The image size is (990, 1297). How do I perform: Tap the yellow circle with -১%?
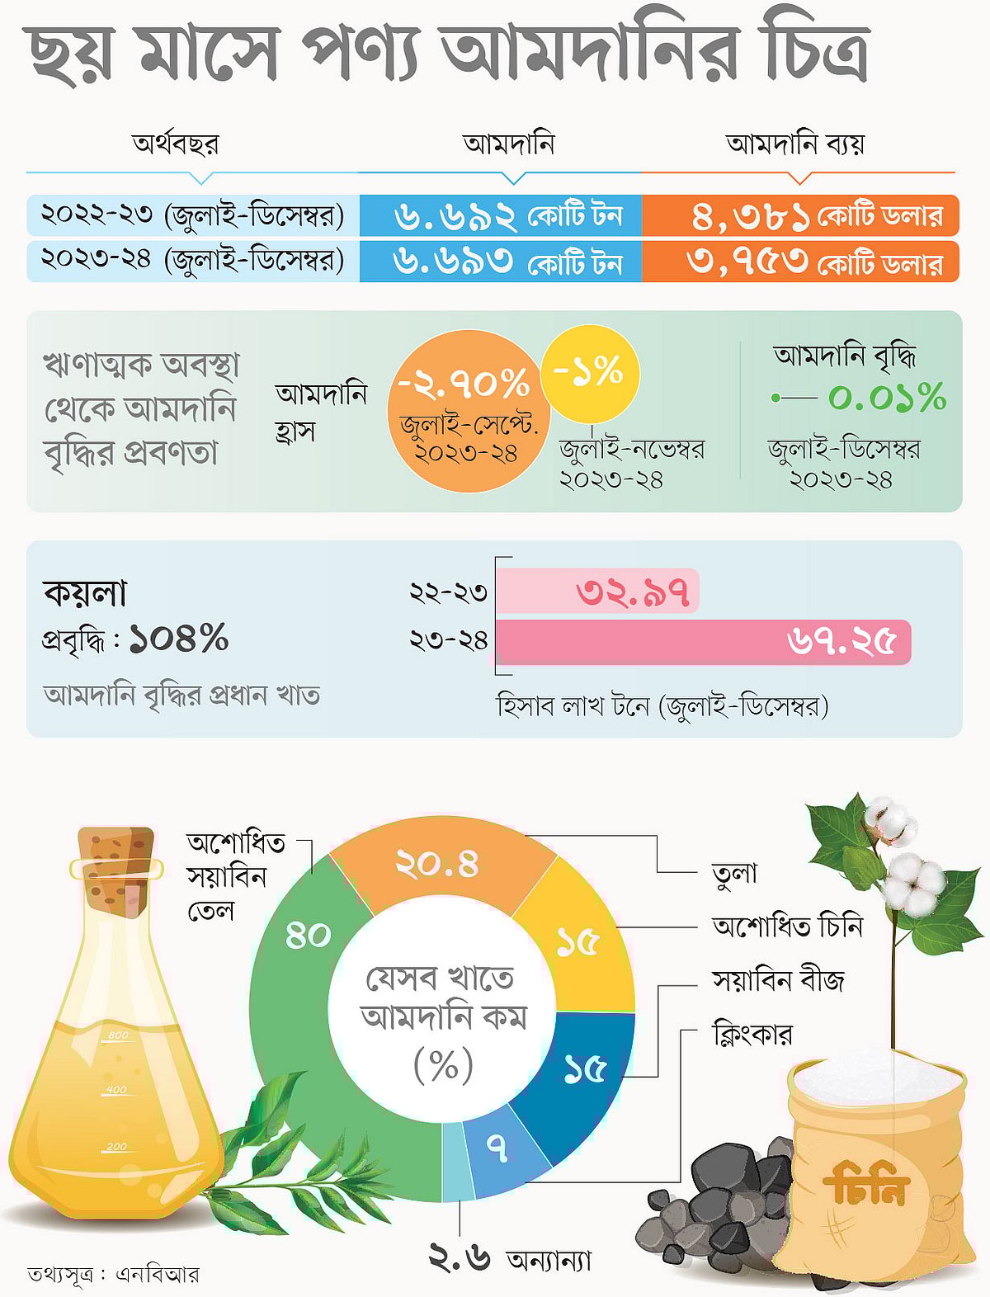(x=589, y=373)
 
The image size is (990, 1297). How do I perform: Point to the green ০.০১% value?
(x=887, y=398)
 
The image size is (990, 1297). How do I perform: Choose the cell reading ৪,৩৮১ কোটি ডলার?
(x=800, y=216)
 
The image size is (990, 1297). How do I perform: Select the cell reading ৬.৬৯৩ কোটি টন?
(x=501, y=262)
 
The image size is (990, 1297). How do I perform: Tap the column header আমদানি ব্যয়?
(x=795, y=144)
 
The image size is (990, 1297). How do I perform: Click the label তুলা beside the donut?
(x=733, y=873)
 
